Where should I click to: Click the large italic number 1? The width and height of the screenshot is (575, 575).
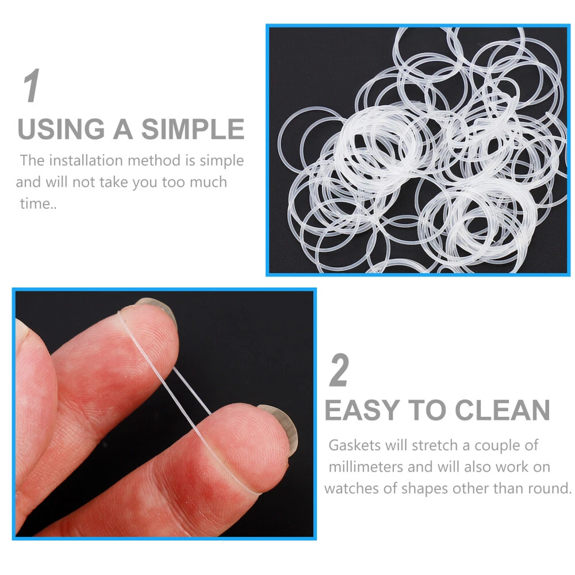point(32,86)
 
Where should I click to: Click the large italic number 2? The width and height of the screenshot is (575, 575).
point(339,370)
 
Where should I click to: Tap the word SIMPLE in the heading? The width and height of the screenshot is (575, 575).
point(193,129)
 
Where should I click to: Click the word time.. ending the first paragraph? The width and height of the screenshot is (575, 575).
point(38,204)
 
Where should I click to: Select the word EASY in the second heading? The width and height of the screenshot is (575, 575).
point(362,410)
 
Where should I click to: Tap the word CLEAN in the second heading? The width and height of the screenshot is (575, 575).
point(503,410)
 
